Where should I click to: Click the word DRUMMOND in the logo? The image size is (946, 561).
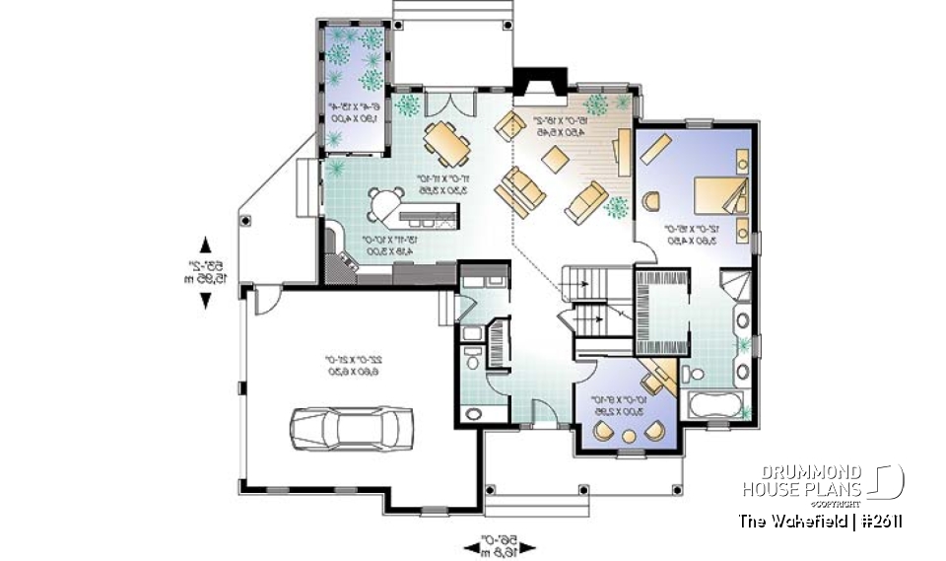[x=803, y=472]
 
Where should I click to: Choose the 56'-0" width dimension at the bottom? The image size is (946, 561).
[x=503, y=544]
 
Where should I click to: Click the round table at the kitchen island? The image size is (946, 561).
[x=383, y=206]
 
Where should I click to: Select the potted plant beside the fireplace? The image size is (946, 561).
[x=596, y=105]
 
